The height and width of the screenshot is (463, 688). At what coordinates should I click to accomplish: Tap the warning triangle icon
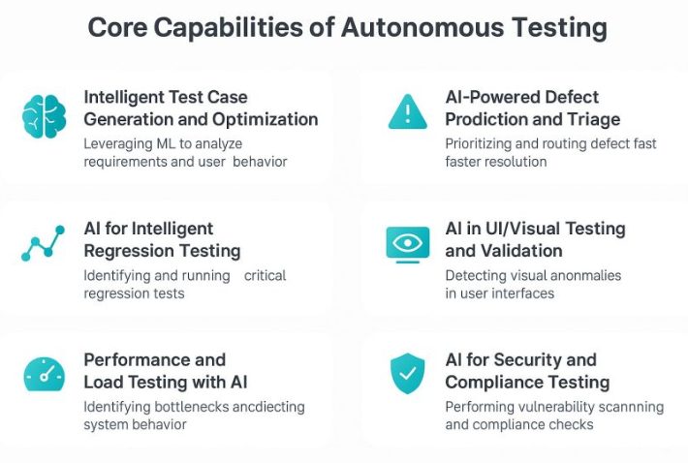(407, 112)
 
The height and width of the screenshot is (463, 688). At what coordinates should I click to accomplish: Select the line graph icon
(43, 243)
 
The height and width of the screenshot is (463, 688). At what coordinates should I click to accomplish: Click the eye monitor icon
(407, 243)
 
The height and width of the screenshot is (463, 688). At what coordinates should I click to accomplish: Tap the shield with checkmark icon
(406, 374)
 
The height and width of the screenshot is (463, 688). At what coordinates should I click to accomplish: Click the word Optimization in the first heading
(266, 120)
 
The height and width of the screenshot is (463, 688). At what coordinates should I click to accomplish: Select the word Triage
(587, 120)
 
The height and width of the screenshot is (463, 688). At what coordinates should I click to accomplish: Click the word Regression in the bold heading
(136, 251)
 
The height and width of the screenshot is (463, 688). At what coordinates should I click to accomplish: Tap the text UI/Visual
(515, 229)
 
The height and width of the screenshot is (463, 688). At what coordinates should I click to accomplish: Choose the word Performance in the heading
(154, 359)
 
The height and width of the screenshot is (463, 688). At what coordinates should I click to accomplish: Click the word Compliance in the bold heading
(495, 383)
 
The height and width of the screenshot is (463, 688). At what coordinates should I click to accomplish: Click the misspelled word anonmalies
(577, 275)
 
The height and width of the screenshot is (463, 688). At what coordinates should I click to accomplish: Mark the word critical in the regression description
(265, 275)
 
